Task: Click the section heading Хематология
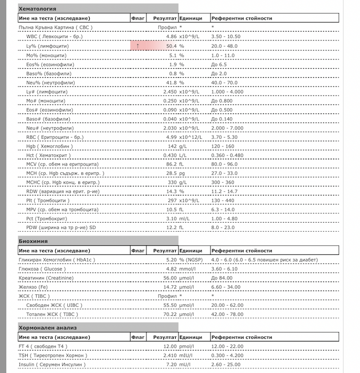click(37, 9)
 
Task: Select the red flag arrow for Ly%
click(137, 46)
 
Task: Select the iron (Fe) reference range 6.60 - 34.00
click(226, 287)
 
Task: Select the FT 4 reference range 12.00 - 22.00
click(228, 346)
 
